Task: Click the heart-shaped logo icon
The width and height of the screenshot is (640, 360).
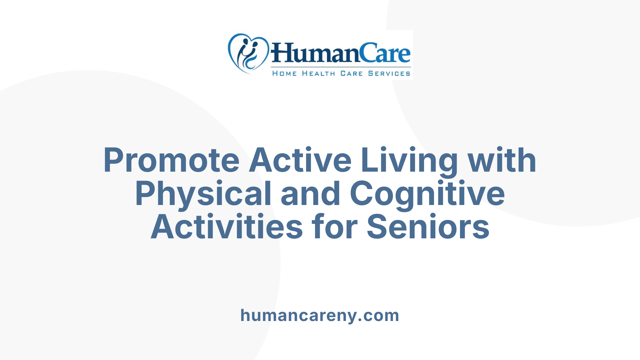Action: point(248,53)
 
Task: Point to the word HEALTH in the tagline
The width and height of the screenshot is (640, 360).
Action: point(318,73)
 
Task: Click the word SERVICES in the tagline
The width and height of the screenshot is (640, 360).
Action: point(389,73)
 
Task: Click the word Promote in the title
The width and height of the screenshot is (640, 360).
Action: point(171,161)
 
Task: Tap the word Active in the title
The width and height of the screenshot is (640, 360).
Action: point(300,161)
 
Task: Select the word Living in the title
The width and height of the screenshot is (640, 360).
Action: point(409,161)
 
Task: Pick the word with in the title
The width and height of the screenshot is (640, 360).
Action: point(502,161)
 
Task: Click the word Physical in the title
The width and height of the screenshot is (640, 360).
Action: point(203,194)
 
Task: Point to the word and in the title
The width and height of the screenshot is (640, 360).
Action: point(310,194)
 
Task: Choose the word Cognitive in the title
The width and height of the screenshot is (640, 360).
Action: point(427,194)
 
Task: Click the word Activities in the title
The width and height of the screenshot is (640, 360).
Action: point(227,227)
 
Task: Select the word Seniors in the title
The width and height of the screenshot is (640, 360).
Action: point(428,227)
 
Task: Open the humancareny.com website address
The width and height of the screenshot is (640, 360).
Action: point(320,315)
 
